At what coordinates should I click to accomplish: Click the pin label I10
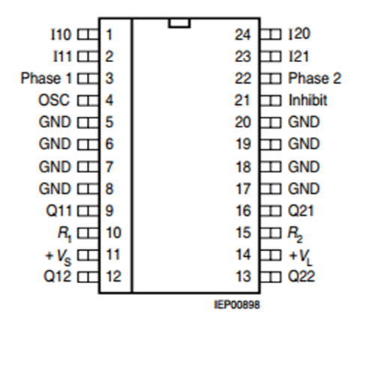click(x=61, y=34)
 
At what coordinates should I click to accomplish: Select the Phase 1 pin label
click(x=46, y=79)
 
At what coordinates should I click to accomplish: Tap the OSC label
click(x=54, y=100)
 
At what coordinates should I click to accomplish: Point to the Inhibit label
click(x=307, y=100)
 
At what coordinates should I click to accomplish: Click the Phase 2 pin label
click(x=314, y=79)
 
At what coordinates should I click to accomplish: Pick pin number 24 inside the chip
click(x=242, y=34)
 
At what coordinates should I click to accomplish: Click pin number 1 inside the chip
click(x=109, y=34)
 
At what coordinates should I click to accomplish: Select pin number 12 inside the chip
click(x=114, y=276)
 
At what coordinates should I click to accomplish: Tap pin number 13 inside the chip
click(x=243, y=276)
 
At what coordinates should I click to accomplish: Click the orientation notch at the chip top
click(x=179, y=23)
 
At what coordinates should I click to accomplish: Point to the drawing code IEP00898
click(x=237, y=305)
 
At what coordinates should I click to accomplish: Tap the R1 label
click(x=64, y=235)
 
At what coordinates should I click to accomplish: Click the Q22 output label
click(x=301, y=276)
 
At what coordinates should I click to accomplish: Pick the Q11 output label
click(x=59, y=210)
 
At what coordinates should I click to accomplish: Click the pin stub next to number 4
click(x=88, y=101)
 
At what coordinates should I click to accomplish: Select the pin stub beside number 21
click(x=271, y=101)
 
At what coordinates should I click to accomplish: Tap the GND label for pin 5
click(x=55, y=122)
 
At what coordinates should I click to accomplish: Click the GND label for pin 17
click(x=304, y=189)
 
